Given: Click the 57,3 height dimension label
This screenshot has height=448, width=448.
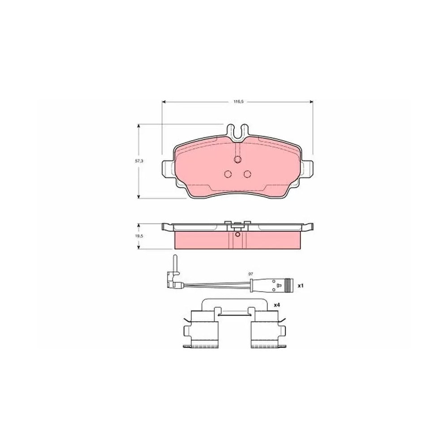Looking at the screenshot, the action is (x=139, y=161).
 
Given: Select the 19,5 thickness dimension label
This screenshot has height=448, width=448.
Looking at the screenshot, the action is (x=139, y=236).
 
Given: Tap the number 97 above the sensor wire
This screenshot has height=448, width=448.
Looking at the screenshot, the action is (x=250, y=274).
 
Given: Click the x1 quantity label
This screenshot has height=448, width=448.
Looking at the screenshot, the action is (x=300, y=285).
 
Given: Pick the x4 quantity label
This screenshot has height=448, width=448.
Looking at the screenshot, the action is (x=276, y=305).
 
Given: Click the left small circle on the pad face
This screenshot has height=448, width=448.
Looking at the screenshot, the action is (x=228, y=174).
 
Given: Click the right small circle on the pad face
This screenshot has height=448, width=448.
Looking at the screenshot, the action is (x=247, y=174).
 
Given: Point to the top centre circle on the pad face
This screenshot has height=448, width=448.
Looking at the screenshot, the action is (x=237, y=160).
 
